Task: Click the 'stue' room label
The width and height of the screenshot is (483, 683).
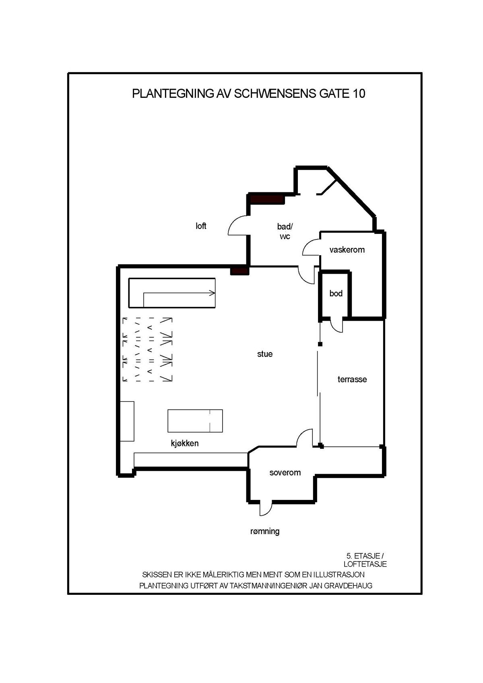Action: coord(265,354)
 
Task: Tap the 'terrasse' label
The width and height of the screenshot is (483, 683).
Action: coord(352,380)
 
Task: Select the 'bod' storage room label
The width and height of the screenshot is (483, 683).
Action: coord(336,294)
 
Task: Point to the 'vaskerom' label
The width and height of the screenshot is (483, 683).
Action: coord(347,250)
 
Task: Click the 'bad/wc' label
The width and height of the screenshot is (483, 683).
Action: coord(285,231)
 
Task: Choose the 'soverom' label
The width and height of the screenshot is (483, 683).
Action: coord(285,473)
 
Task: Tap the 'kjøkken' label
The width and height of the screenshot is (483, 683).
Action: coord(185,444)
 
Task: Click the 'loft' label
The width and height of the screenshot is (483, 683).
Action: coord(201,226)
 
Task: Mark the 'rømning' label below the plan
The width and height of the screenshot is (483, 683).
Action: coord(265,531)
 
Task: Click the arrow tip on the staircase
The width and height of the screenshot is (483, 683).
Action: coord(214,293)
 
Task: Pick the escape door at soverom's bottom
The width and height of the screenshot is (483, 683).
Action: coord(266,509)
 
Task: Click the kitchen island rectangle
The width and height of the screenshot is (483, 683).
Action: coord(195,421)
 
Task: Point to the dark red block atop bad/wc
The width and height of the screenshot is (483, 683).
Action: coord(267,199)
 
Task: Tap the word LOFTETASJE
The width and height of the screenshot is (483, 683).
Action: coord(365,564)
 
